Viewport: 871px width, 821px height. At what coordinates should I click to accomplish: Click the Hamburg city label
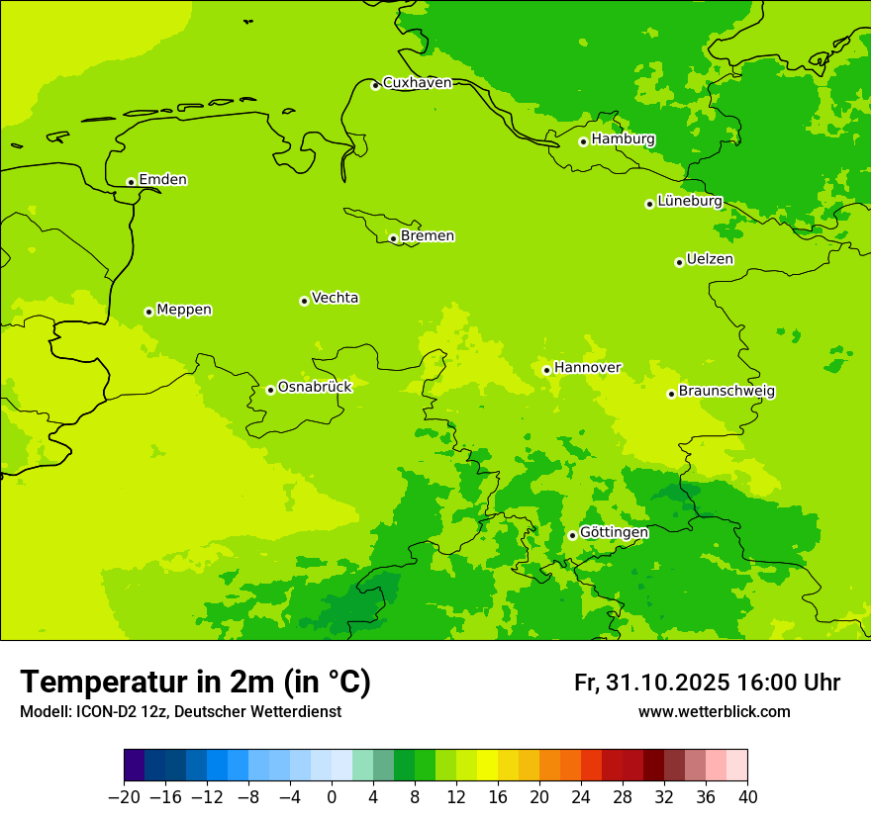pyautogui.click(x=623, y=139)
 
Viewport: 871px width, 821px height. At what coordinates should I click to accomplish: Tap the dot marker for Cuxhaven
pyautogui.click(x=375, y=85)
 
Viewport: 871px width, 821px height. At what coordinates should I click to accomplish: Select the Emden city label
pyautogui.click(x=162, y=179)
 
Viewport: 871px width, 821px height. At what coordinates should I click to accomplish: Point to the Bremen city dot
pyautogui.click(x=393, y=238)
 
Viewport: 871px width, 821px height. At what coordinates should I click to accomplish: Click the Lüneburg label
pyautogui.click(x=690, y=201)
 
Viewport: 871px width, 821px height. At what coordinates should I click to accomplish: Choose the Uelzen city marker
pyautogui.click(x=679, y=262)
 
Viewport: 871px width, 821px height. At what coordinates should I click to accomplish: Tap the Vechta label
pyautogui.click(x=335, y=298)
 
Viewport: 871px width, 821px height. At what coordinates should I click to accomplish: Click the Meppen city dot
pyautogui.click(x=148, y=312)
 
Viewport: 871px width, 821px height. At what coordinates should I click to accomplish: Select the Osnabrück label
pyautogui.click(x=315, y=387)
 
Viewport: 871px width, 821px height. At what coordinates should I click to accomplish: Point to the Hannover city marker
pyautogui.click(x=546, y=370)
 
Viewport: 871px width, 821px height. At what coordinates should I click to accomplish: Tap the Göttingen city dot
pyautogui.click(x=572, y=535)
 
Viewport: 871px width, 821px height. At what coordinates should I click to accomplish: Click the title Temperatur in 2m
pyautogui.click(x=195, y=683)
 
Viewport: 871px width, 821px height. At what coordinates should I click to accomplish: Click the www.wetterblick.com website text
pyautogui.click(x=714, y=712)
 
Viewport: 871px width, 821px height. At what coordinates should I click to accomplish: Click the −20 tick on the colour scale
pyautogui.click(x=124, y=797)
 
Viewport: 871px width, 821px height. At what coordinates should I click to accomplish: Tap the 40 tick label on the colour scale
pyautogui.click(x=747, y=797)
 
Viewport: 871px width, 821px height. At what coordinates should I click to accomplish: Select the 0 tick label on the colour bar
pyautogui.click(x=332, y=797)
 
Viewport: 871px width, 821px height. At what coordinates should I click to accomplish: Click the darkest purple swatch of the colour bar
pyautogui.click(x=134, y=766)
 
